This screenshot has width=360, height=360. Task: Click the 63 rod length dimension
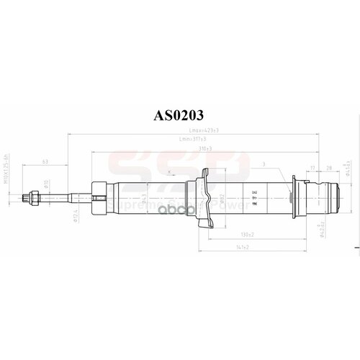(x=45, y=162)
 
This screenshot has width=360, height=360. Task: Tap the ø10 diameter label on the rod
(x=46, y=183)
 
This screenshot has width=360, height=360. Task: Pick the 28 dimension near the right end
(x=328, y=168)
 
